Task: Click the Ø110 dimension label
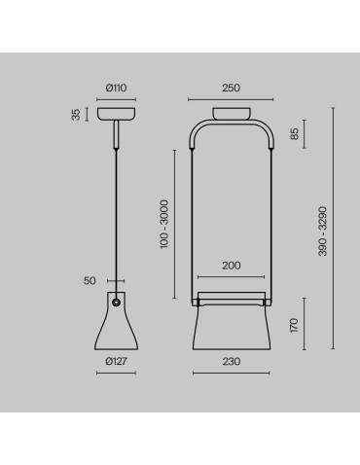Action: [x=116, y=88]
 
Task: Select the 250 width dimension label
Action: [x=231, y=88]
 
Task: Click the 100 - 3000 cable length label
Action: [x=166, y=226]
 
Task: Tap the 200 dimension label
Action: [x=231, y=266]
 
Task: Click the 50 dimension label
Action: [x=90, y=280]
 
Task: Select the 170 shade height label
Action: [x=295, y=324]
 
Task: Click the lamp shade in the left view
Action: [x=116, y=326]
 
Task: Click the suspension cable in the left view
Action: [x=116, y=214]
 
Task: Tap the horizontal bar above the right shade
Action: [x=231, y=293]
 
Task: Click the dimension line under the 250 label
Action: [x=231, y=98]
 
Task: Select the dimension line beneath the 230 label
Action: [x=231, y=373]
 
